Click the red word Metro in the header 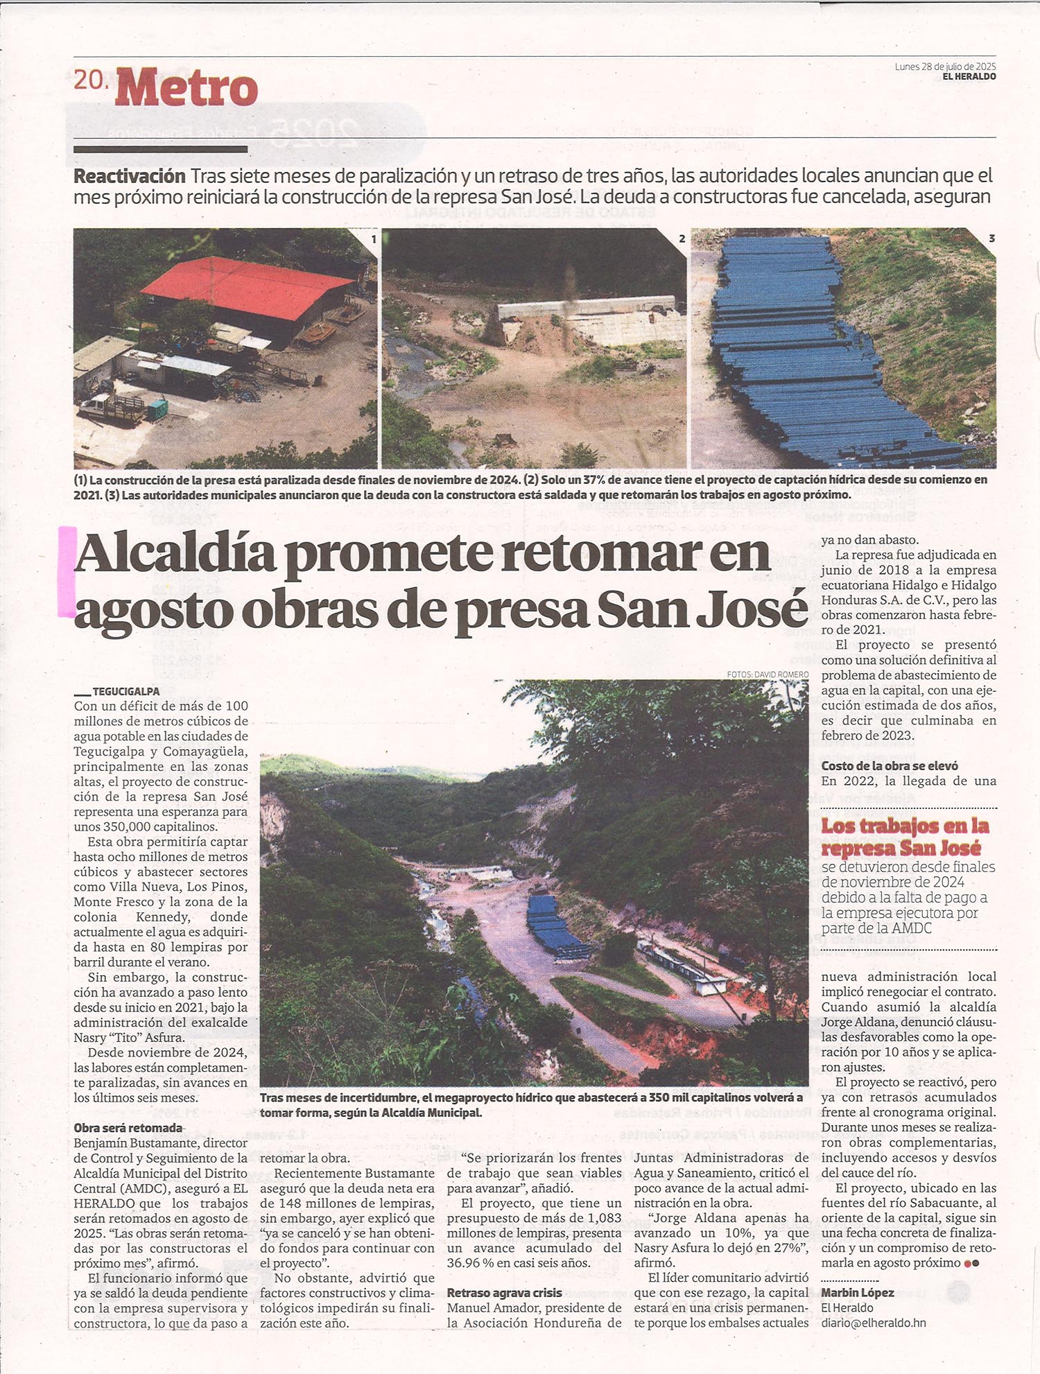click(x=187, y=89)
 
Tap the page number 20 click(x=90, y=80)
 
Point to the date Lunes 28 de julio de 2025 click(x=945, y=67)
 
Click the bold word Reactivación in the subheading click(x=130, y=176)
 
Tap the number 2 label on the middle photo click(x=682, y=238)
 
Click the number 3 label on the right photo click(x=991, y=238)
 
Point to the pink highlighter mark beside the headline click(x=67, y=571)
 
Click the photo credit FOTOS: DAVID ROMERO click(x=768, y=675)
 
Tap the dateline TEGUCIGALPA click(x=125, y=691)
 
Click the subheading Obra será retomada click(x=128, y=1128)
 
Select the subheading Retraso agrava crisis click(x=504, y=1293)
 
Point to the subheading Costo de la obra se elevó click(x=890, y=766)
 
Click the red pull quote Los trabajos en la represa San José click(x=904, y=837)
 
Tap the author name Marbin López click(x=858, y=1293)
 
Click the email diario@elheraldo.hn click(x=874, y=1323)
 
